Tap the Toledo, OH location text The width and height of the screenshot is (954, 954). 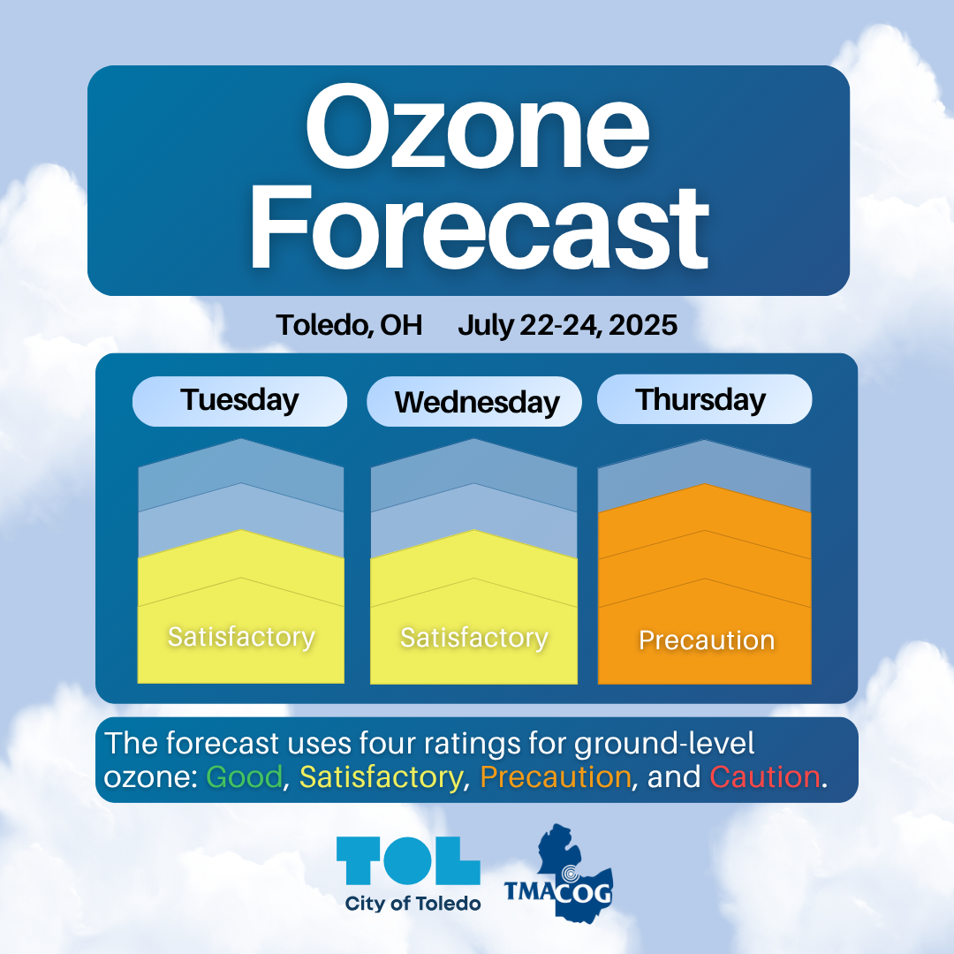point(349,325)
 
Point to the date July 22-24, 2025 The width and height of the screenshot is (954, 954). point(568,325)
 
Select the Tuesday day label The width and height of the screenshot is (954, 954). point(239,400)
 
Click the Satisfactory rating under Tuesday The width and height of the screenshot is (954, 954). point(241,637)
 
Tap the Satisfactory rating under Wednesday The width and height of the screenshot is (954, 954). point(474,638)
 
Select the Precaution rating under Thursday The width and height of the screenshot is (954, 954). point(707,640)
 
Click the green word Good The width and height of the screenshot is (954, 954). point(245,777)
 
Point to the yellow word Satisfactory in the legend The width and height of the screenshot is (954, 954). point(381,778)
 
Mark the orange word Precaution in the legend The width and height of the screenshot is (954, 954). point(556,777)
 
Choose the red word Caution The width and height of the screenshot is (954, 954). point(765,777)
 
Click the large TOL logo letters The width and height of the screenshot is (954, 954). point(408,860)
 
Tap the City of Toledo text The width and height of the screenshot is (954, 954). point(413,904)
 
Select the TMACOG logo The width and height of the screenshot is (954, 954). point(558,874)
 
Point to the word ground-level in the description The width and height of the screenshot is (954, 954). point(663,745)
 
